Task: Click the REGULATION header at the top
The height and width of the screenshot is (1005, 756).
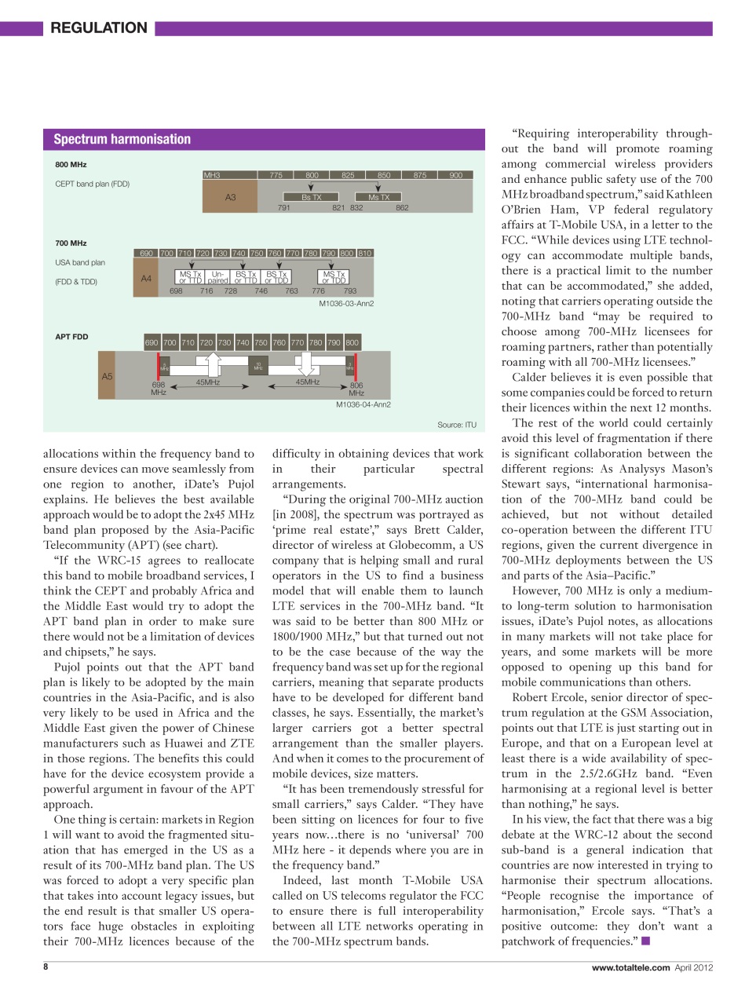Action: tap(98, 28)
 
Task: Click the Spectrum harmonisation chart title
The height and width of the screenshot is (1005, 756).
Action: tap(122, 140)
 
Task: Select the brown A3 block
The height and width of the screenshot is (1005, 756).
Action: tap(230, 197)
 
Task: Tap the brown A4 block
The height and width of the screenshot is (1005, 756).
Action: tap(146, 279)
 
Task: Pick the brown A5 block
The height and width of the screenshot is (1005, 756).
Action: tap(108, 377)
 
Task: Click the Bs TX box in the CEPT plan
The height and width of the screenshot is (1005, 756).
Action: tap(312, 197)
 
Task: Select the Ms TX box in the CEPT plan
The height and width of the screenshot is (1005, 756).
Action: tap(378, 197)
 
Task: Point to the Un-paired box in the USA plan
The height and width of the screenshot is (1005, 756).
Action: tap(217, 277)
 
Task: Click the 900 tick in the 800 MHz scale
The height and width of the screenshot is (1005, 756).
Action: tap(455, 175)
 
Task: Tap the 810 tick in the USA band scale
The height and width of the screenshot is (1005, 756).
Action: tap(365, 253)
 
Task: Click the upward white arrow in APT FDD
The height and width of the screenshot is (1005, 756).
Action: tap(213, 364)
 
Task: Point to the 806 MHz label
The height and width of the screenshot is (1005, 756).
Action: tap(356, 389)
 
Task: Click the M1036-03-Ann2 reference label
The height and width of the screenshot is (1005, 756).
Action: tap(346, 304)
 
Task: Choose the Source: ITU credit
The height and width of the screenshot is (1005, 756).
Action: tap(457, 425)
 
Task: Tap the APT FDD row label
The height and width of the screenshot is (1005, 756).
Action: tap(71, 337)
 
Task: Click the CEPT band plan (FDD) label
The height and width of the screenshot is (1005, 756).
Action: tap(92, 184)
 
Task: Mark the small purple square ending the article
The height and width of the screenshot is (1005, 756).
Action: tap(645, 941)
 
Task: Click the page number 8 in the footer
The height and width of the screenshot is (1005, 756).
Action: tap(46, 967)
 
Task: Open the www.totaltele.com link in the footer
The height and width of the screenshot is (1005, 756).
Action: tap(630, 967)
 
